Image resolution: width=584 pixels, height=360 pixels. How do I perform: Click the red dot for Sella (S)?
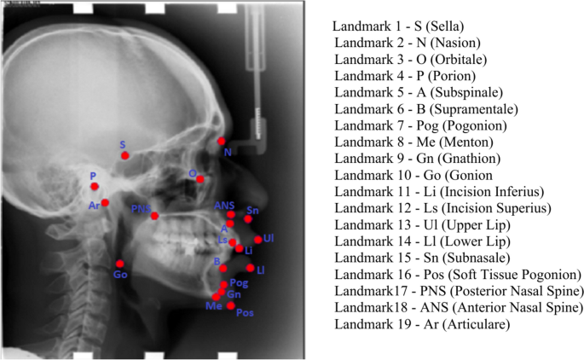(125, 155)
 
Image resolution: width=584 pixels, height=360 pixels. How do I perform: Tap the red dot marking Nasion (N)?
(222, 141)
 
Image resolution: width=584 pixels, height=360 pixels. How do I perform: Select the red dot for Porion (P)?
(95, 186)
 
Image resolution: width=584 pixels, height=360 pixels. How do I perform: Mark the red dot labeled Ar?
(105, 203)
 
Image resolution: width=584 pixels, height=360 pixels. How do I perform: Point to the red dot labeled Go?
(120, 263)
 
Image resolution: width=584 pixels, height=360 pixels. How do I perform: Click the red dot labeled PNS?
(154, 216)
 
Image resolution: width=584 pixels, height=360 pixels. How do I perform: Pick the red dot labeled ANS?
(230, 214)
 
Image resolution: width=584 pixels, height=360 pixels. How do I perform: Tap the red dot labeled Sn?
(248, 219)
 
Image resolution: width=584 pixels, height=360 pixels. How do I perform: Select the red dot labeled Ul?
(258, 240)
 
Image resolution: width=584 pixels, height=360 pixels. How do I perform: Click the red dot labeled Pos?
(231, 305)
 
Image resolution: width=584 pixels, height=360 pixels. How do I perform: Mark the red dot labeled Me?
(217, 296)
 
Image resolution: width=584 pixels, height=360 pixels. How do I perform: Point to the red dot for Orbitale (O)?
(200, 179)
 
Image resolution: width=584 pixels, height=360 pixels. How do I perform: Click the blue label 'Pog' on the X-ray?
(239, 282)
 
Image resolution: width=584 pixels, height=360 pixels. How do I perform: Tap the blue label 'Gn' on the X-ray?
(233, 294)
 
